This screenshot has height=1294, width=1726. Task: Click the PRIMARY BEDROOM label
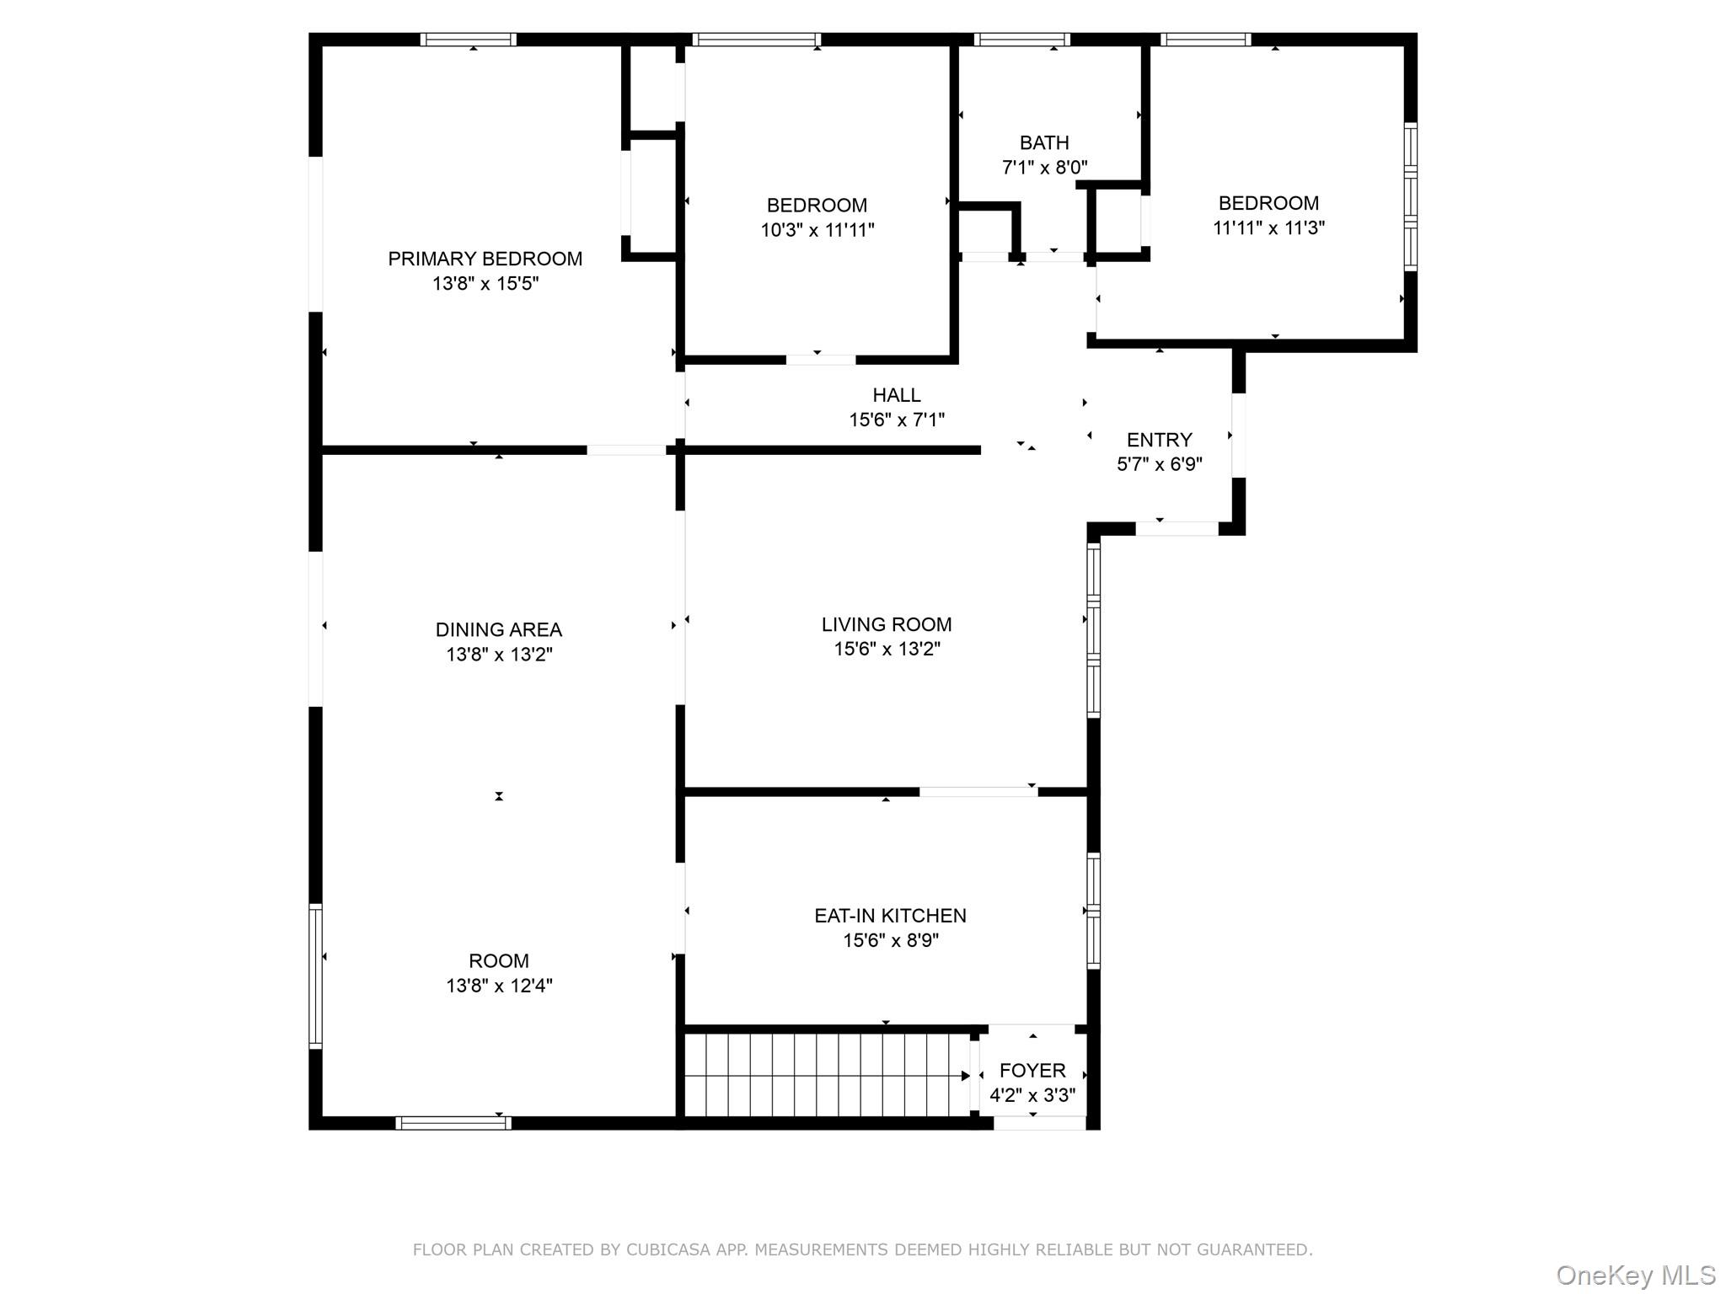pyautogui.click(x=485, y=259)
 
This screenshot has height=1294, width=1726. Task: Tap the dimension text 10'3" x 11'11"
pyautogui.click(x=817, y=230)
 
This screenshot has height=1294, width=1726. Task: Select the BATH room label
pyautogui.click(x=1044, y=142)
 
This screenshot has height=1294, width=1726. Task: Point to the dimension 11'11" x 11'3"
pyautogui.click(x=1268, y=227)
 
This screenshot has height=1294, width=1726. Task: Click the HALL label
pyautogui.click(x=896, y=395)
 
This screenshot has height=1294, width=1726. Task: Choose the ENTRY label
pyautogui.click(x=1159, y=440)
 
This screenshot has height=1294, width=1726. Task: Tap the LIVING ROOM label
pyautogui.click(x=887, y=624)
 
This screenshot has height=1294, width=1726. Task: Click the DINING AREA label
pyautogui.click(x=498, y=629)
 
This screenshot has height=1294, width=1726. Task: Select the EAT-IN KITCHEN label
pyautogui.click(x=890, y=916)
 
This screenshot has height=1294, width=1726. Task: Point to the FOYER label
pyautogui.click(x=1032, y=1071)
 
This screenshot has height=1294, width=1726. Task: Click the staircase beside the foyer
pyautogui.click(x=826, y=1075)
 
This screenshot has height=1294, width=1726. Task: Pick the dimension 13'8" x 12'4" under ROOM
pyautogui.click(x=499, y=986)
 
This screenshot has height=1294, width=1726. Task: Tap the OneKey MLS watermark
pyautogui.click(x=1635, y=1275)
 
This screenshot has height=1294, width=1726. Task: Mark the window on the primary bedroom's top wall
pyautogui.click(x=469, y=40)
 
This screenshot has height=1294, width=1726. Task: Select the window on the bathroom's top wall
pyautogui.click(x=1021, y=40)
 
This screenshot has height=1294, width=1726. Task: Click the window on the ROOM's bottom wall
pyautogui.click(x=453, y=1123)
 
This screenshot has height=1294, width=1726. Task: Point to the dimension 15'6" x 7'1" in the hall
pyautogui.click(x=896, y=420)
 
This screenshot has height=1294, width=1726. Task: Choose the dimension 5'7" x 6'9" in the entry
pyautogui.click(x=1159, y=464)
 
